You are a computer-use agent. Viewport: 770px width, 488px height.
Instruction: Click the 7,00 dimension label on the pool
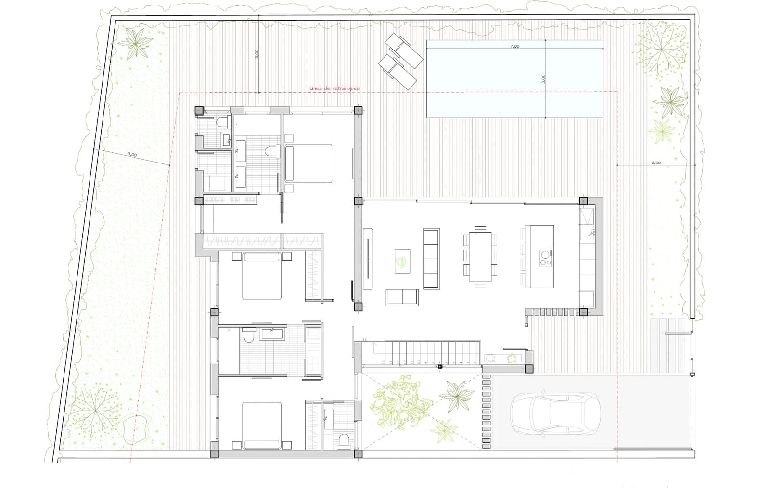tap(514, 47)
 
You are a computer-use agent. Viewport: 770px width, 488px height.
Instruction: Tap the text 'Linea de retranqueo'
tap(335, 88)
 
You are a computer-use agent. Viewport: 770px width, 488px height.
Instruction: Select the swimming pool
tap(514, 79)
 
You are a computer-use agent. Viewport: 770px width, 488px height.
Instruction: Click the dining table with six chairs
tap(479, 256)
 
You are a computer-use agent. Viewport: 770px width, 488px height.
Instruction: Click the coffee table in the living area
tap(402, 261)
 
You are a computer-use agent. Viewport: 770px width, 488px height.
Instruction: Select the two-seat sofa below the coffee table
tap(402, 297)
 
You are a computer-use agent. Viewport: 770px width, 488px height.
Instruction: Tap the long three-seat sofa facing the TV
tap(431, 258)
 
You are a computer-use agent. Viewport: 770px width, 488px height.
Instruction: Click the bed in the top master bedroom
tap(309, 163)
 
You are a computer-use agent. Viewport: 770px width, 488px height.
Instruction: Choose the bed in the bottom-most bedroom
tap(262, 425)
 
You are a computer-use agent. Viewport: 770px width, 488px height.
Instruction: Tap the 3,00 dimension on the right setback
tap(656, 163)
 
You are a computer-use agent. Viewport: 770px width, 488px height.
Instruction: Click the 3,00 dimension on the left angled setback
tap(132, 155)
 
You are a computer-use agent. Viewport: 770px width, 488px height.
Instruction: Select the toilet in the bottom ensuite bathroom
tap(344, 439)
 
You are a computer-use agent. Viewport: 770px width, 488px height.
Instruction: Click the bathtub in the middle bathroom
tap(272, 334)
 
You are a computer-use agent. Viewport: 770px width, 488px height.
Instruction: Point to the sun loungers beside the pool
tap(400, 61)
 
